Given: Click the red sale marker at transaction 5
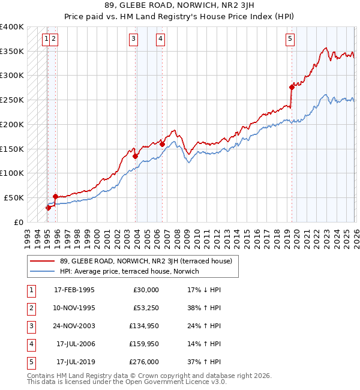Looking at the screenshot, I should tap(292, 87).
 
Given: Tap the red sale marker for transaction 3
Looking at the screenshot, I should tap(136, 156).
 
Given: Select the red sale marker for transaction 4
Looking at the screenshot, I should tap(162, 144).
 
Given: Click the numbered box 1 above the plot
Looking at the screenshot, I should tap(46, 40).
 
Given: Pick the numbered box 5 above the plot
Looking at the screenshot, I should tap(290, 40).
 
